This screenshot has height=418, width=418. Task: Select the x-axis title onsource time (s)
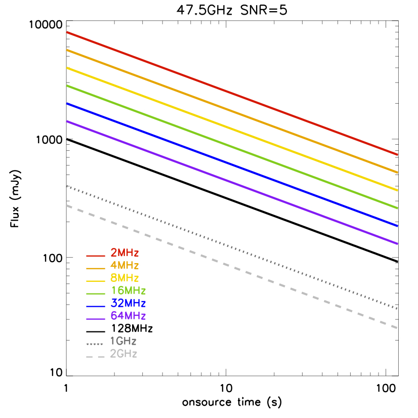click(232, 403)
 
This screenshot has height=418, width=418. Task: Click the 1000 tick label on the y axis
click(49, 140)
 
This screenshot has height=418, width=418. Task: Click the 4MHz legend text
click(125, 265)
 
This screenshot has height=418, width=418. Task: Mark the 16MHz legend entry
click(128, 290)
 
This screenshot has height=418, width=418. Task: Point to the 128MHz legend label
click(132, 328)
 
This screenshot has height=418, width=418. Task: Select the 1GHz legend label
click(123, 341)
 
